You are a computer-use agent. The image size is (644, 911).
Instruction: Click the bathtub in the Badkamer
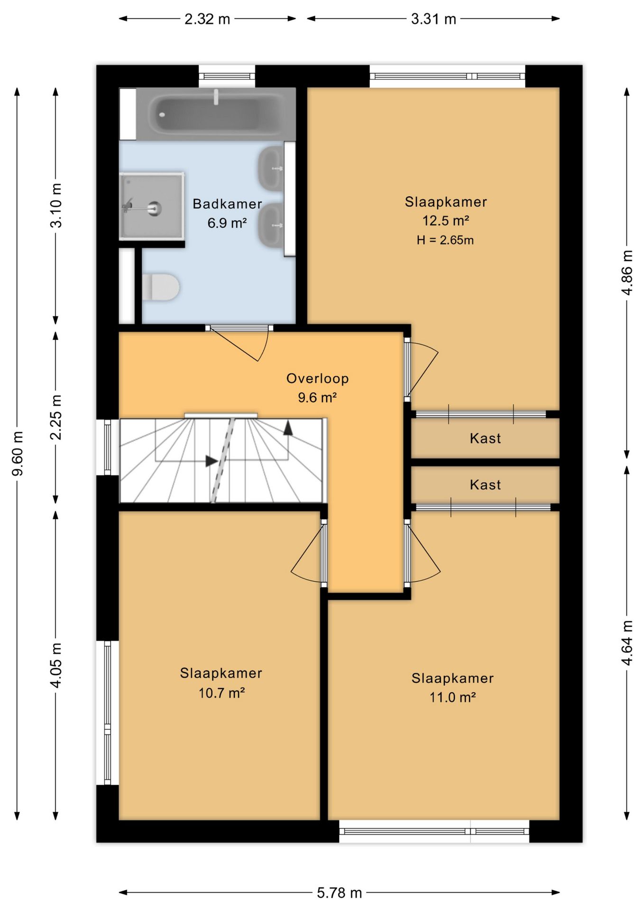click(x=216, y=114)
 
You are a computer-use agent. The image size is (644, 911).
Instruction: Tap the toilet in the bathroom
click(x=161, y=287)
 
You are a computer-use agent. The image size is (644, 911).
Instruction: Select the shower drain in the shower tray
click(x=154, y=208)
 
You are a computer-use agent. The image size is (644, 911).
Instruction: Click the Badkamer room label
click(x=227, y=204)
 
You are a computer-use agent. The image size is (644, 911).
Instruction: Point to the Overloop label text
click(x=317, y=378)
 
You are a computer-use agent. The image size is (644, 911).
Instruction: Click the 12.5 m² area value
click(x=446, y=221)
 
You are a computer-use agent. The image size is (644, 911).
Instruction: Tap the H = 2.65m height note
click(x=445, y=240)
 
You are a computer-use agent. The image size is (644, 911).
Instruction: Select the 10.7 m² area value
click(x=221, y=693)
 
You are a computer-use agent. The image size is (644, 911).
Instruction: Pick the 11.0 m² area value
click(x=453, y=697)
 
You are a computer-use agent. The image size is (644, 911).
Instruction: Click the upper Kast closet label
click(x=485, y=438)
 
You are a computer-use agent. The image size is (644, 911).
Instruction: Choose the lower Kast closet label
click(x=485, y=485)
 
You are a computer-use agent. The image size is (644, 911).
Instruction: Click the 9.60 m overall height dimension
click(x=18, y=454)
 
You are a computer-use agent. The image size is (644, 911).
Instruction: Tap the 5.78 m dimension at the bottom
click(x=340, y=893)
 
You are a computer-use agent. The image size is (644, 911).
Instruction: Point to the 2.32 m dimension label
click(x=207, y=19)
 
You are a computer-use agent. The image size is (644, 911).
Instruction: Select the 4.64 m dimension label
click(x=627, y=643)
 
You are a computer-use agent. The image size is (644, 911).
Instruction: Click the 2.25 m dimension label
click(x=56, y=417)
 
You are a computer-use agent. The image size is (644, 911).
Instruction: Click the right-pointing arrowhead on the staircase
click(x=212, y=460)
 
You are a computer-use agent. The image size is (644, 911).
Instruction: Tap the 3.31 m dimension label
click(x=433, y=19)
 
